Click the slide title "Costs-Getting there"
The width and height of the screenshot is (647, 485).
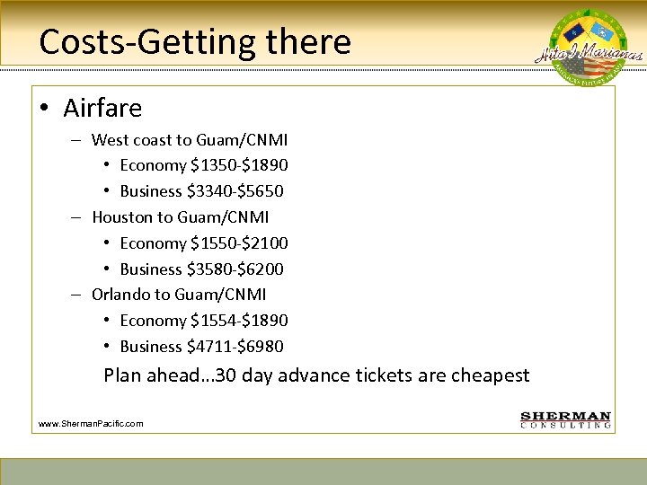coord(195,41)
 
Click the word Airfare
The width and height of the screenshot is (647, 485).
coord(102,109)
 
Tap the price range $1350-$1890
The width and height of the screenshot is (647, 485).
coord(239,166)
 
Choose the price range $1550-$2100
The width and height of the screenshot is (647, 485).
coord(239,243)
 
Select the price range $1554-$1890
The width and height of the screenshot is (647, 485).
coord(239,321)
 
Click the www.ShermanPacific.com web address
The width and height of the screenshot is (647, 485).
coord(91,423)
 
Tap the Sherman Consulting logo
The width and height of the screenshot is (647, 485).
coord(566,420)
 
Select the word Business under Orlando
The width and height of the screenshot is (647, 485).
coord(150,347)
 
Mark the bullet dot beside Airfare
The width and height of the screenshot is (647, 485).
coord(44,110)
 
